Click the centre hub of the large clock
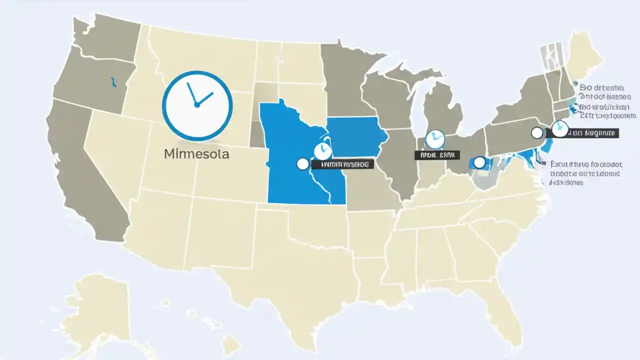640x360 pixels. [197, 105]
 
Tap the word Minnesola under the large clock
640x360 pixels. [196, 154]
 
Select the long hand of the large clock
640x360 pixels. [191, 94]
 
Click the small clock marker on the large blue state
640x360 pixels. [322, 150]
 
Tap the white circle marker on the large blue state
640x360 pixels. [302, 164]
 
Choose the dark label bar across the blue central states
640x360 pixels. [342, 164]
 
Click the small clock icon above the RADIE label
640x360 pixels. [434, 139]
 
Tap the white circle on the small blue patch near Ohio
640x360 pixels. [479, 162]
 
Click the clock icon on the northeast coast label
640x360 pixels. [559, 128]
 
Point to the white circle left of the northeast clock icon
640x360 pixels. [537, 132]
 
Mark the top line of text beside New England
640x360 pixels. [603, 86]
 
